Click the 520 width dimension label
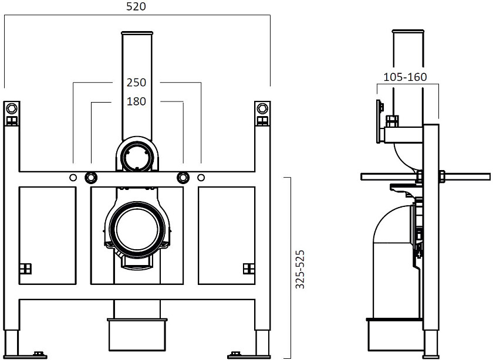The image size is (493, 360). (x=136, y=6)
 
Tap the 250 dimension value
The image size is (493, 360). (x=136, y=82)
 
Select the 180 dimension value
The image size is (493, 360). (x=136, y=101)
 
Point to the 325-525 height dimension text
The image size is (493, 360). (x=300, y=269)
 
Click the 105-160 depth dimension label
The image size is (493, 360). (x=406, y=77)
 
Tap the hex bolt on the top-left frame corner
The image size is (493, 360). (x=12, y=108)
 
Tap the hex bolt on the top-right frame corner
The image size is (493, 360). (x=262, y=108)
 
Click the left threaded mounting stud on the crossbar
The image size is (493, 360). (x=91, y=178)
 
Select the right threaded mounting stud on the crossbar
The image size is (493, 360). (x=183, y=178)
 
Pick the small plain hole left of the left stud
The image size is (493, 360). (x=73, y=178)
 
